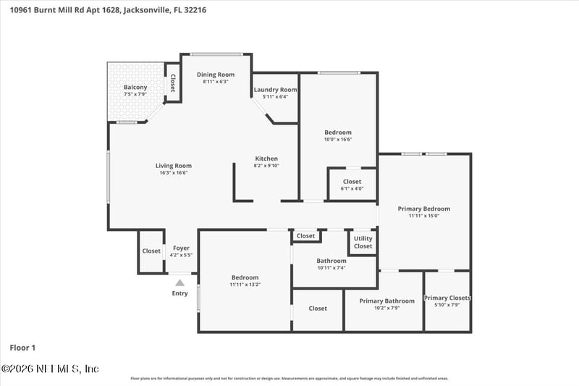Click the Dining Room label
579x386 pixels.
click(x=216, y=75)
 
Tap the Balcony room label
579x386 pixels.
click(x=135, y=88)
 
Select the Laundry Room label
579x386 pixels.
click(x=275, y=90)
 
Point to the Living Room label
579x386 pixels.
click(x=175, y=166)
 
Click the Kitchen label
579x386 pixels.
click(x=266, y=159)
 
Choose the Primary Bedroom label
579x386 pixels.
click(x=423, y=209)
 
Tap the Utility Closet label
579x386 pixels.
click(x=363, y=242)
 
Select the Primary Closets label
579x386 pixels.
click(x=447, y=298)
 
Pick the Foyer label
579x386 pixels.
click(x=181, y=248)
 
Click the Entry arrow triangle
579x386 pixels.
click(x=179, y=282)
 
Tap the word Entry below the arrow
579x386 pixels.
click(x=179, y=293)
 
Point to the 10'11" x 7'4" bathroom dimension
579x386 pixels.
click(x=331, y=268)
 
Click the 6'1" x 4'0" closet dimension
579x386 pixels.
click(x=352, y=188)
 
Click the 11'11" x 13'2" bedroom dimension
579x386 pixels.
click(x=245, y=285)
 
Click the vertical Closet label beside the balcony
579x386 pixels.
click(x=172, y=84)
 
